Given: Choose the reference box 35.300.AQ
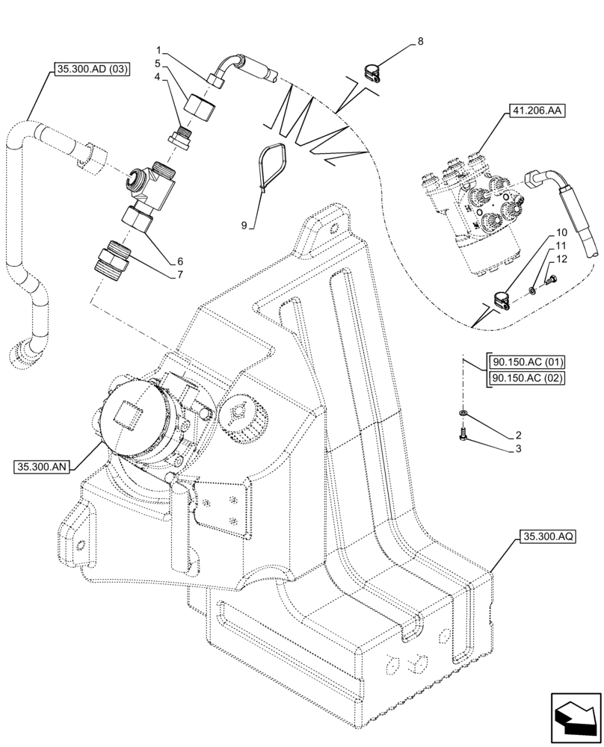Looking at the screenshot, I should coord(543,537).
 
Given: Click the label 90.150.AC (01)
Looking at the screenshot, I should coord(526,362).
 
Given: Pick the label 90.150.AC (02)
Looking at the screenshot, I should coord(526,379).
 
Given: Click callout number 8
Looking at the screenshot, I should coord(420,42).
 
